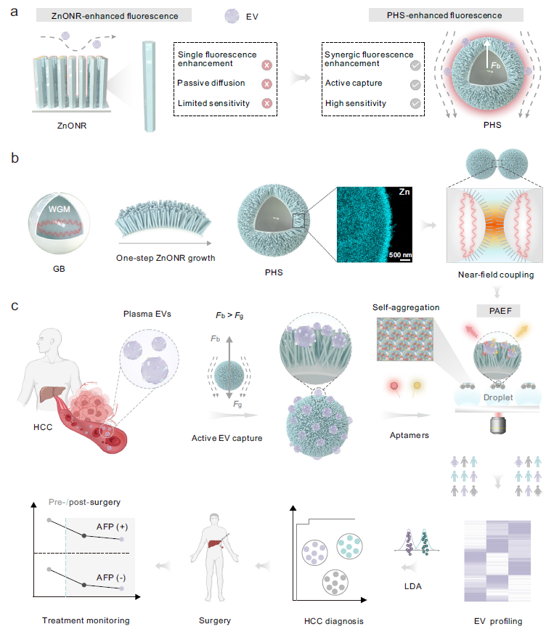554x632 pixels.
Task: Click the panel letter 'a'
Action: coord(14,12)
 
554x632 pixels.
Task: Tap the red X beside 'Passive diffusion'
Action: coord(266,84)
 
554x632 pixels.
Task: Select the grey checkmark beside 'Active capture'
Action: coord(415,85)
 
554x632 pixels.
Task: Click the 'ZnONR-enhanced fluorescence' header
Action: coord(114,16)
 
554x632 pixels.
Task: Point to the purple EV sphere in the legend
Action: coord(232,16)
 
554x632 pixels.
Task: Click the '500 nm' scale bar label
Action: coord(400,255)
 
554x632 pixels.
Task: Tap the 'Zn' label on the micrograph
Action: coord(404,193)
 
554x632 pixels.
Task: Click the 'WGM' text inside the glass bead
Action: coord(60,209)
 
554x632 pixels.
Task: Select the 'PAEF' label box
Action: coord(500,311)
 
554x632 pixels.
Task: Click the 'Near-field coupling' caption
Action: coord(496,275)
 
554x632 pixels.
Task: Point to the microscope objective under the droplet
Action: coord(497,425)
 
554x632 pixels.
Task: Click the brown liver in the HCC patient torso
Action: coord(51,394)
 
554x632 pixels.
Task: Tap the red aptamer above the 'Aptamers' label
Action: coord(394,386)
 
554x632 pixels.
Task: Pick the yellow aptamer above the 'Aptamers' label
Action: coord(417,386)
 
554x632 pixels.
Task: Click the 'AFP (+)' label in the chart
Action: coord(112,527)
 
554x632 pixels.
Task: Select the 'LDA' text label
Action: coord(412,586)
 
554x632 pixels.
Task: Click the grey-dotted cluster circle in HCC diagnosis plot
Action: coord(335,583)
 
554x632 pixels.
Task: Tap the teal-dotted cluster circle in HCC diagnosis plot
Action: coord(349,546)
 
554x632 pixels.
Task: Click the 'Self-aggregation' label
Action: coord(406,307)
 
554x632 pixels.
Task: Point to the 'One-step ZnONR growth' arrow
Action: coord(166,243)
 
